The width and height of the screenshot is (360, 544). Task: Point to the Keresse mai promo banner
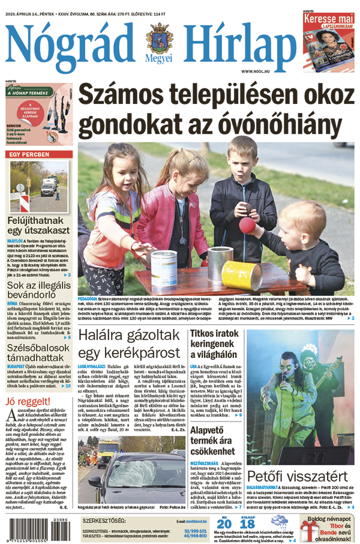click(327, 22)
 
